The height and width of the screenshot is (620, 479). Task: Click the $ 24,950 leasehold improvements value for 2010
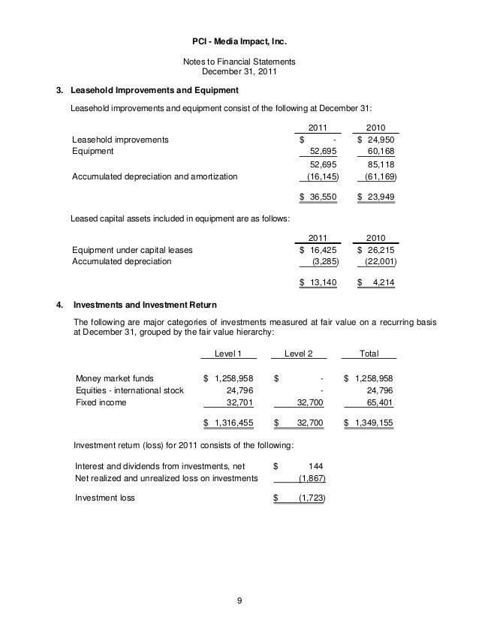click(376, 140)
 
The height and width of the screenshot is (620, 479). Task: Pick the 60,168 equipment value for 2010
click(381, 150)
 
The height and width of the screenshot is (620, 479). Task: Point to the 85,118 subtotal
click(381, 164)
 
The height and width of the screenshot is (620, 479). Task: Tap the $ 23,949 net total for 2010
click(376, 197)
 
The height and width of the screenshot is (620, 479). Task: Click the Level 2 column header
click(298, 354)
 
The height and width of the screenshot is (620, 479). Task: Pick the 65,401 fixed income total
click(379, 402)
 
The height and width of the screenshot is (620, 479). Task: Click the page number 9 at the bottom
click(239, 600)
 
